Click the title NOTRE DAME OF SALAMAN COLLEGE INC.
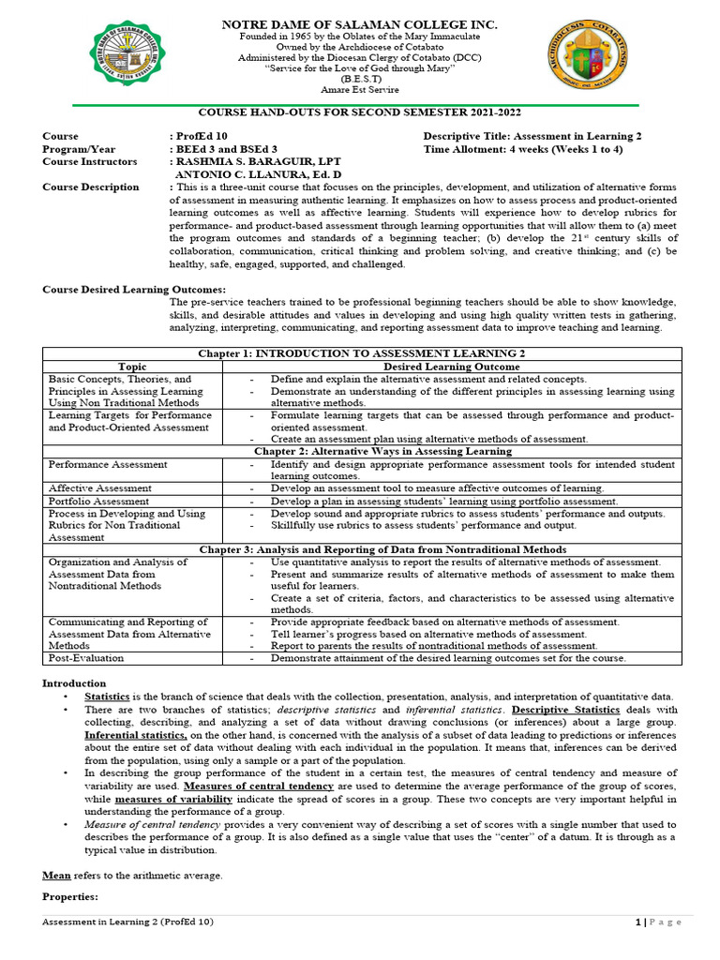[358, 23]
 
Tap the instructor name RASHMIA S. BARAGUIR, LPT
[253, 161]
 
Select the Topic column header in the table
[134, 366]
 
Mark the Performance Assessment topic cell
[108, 464]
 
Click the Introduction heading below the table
[74, 683]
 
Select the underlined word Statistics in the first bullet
[108, 697]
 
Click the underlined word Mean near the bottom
[54, 875]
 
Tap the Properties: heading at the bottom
[71, 896]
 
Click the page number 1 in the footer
[637, 922]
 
